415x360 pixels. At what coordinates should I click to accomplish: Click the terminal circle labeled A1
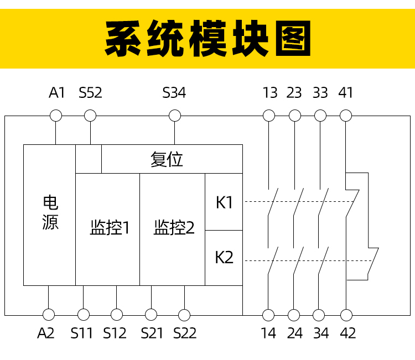point(56,116)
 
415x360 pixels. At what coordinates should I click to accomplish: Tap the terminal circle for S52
point(90,116)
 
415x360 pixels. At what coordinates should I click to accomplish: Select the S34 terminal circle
point(174,116)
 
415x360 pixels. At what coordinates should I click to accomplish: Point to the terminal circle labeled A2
point(49,315)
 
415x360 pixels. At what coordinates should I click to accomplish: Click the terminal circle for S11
point(84,315)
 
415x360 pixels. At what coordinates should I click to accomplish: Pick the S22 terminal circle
point(184,315)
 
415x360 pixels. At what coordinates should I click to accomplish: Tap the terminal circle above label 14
point(268,315)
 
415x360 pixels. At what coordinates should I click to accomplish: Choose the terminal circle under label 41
point(346,116)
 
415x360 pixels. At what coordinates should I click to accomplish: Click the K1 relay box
point(224,202)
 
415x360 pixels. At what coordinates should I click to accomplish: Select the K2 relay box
point(224,258)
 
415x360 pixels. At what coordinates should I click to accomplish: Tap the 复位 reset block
point(172,159)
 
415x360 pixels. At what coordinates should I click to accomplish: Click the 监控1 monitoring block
point(108,229)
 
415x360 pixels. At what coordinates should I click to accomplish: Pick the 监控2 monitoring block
point(173,229)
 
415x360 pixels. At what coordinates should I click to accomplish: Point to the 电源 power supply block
point(50,215)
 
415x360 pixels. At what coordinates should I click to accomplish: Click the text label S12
point(115,333)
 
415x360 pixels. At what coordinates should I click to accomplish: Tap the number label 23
point(294,93)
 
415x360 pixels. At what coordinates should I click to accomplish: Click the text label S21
point(152,333)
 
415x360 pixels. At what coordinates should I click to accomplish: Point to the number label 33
point(320,93)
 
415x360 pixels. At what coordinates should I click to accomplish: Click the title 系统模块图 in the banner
point(207,39)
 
